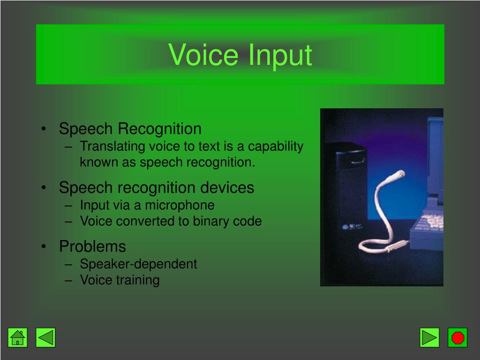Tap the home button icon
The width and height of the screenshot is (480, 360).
pyautogui.click(x=18, y=337)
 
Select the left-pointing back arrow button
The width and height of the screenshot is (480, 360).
pyautogui.click(x=45, y=337)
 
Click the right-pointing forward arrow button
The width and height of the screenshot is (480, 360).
pyautogui.click(x=429, y=337)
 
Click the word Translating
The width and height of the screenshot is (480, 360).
pyautogui.click(x=112, y=146)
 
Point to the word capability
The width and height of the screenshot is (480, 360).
pyautogui.click(x=276, y=146)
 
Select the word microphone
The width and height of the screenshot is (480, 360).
pyautogui.click(x=180, y=205)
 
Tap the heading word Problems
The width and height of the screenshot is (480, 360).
pyautogui.click(x=92, y=246)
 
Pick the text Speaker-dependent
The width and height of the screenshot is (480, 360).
pyautogui.click(x=138, y=264)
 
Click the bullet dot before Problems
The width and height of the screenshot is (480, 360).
pyautogui.click(x=44, y=247)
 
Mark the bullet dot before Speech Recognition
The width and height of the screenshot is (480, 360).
pyautogui.click(x=44, y=129)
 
